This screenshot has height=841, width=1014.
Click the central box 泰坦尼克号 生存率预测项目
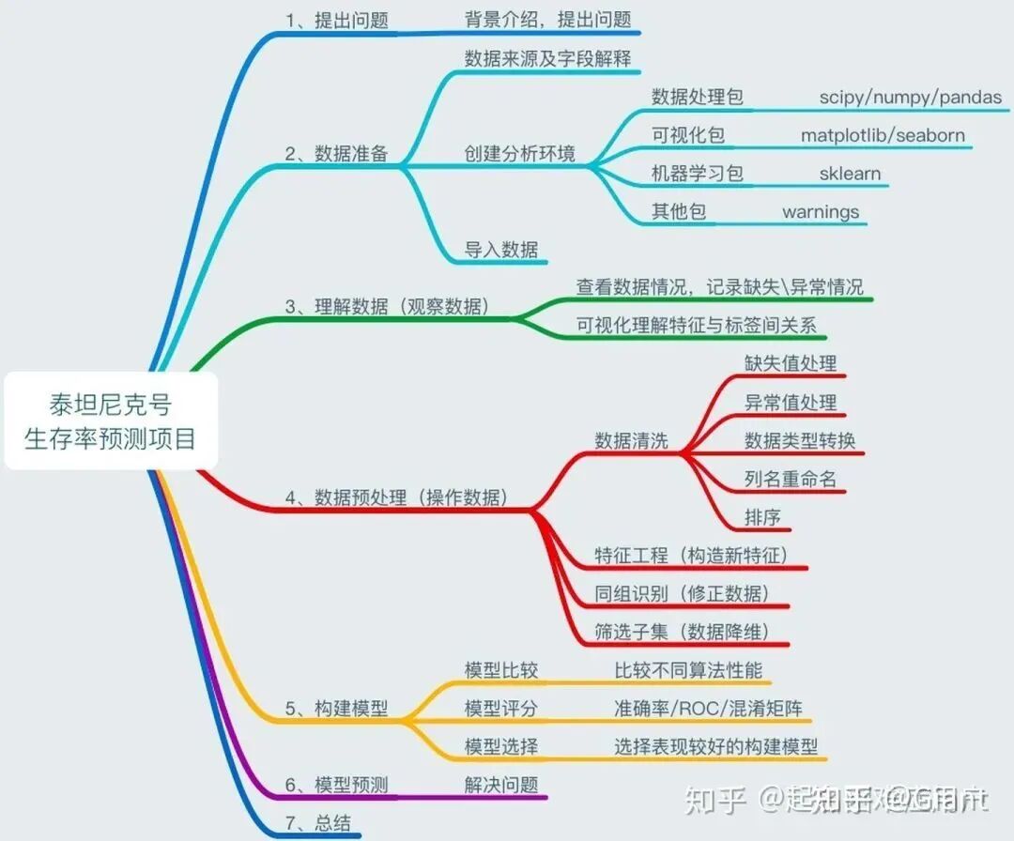click(x=111, y=421)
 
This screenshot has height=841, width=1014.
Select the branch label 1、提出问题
click(x=337, y=20)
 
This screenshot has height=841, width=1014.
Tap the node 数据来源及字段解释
click(x=547, y=57)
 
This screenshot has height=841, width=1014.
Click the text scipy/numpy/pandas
click(x=910, y=97)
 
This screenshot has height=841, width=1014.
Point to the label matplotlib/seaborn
click(x=883, y=135)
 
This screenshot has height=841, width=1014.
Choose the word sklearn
click(x=850, y=174)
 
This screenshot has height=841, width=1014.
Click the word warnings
click(x=821, y=212)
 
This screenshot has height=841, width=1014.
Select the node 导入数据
click(x=501, y=250)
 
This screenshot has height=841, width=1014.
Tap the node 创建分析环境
click(x=520, y=154)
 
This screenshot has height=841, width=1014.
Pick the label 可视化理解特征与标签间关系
click(x=697, y=326)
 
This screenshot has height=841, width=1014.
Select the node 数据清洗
click(x=631, y=440)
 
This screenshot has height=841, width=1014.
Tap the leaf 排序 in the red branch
click(x=762, y=517)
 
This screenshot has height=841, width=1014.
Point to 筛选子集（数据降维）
click(x=682, y=632)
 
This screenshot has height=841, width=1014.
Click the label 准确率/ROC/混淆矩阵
click(x=708, y=708)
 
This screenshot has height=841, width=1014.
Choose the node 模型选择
click(x=501, y=746)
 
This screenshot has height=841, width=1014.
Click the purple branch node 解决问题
click(x=501, y=785)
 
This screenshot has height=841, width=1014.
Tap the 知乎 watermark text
click(x=715, y=800)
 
